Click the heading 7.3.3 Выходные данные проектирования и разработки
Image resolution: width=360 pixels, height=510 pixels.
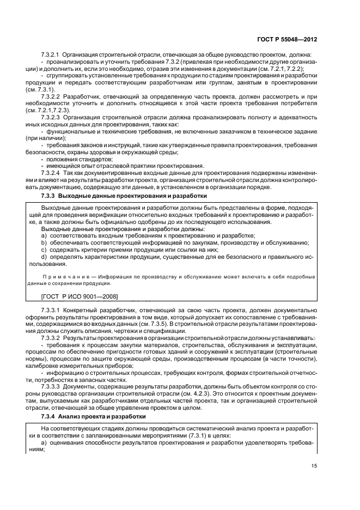click(124, 195)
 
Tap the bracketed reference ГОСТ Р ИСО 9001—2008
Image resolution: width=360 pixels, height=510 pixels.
click(80, 296)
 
